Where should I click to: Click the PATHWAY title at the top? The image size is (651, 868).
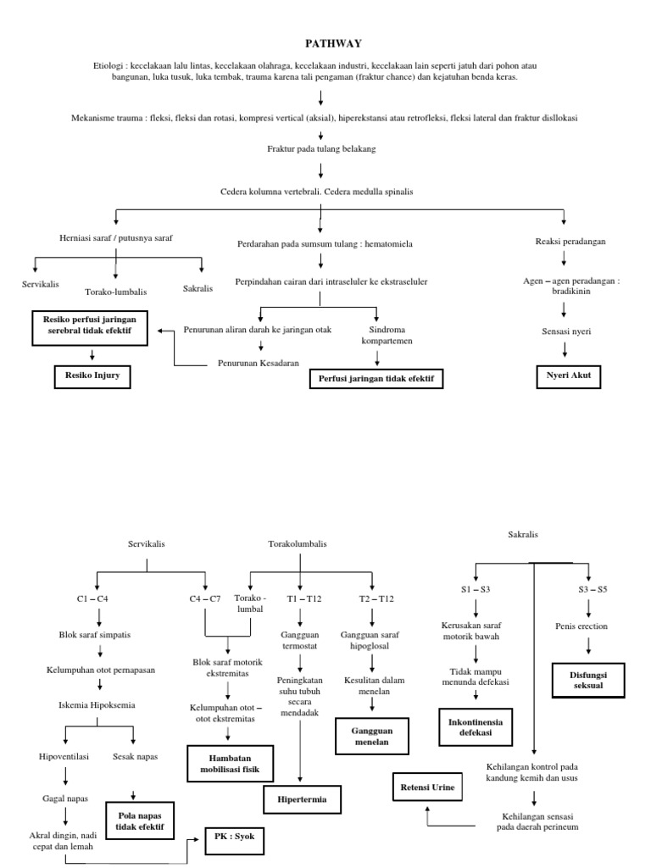[x=325, y=43]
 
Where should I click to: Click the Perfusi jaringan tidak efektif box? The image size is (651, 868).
[x=376, y=378]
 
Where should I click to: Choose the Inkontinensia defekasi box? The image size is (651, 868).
[x=476, y=726]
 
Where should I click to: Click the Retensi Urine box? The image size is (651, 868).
[x=428, y=787]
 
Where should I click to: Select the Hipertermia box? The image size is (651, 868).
[x=302, y=799]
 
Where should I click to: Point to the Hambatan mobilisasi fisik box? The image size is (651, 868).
[x=230, y=762]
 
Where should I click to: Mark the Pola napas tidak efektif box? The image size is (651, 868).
[x=140, y=820]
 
